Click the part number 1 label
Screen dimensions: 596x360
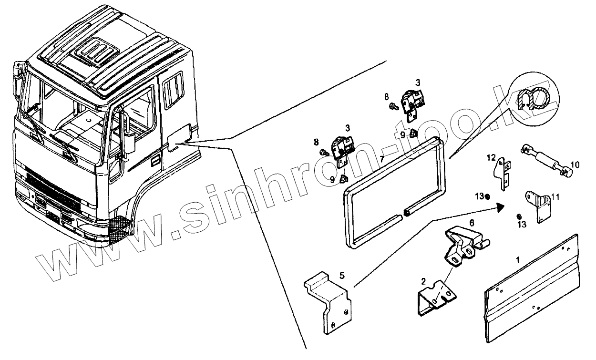517,261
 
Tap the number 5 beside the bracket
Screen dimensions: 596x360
342,275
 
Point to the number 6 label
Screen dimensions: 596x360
472,223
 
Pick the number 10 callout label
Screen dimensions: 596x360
575,165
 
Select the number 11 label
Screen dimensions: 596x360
555,196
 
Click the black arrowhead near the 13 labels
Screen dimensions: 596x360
500,207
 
